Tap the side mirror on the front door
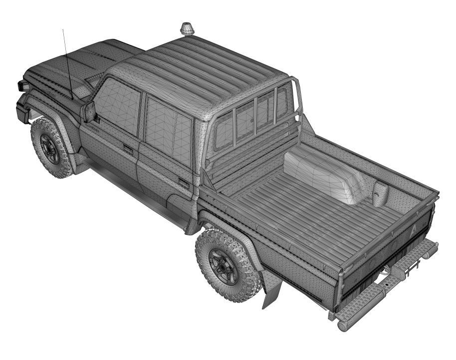89,112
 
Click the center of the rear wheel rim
224,267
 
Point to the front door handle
128,149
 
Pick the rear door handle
184,183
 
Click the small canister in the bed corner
380,193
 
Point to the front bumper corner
22,112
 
